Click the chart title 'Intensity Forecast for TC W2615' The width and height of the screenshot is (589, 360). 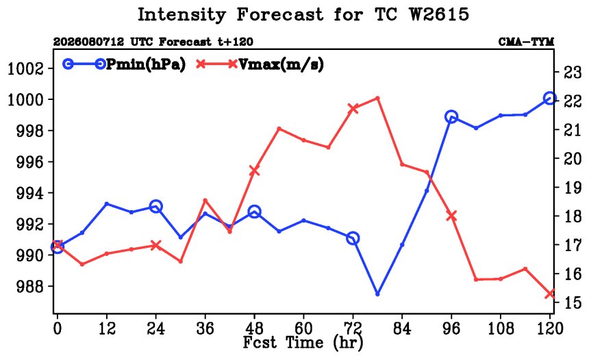click(x=303, y=15)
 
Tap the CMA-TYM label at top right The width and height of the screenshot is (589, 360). click(x=526, y=42)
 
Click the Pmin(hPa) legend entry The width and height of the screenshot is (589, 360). click(x=125, y=64)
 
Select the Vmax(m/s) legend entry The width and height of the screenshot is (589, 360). click(x=260, y=64)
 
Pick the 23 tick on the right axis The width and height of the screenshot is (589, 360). click(x=573, y=73)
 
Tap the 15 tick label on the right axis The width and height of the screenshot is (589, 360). click(x=573, y=303)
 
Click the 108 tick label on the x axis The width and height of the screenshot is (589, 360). click(x=501, y=329)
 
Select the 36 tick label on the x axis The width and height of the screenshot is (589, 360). click(x=205, y=329)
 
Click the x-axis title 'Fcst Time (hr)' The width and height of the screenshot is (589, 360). click(x=303, y=343)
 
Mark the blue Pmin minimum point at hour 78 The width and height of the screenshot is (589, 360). click(x=377, y=294)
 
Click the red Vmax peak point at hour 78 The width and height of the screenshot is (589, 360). click(x=377, y=99)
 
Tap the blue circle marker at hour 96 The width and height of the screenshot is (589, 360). click(x=451, y=117)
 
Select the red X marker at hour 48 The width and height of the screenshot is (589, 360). click(x=254, y=171)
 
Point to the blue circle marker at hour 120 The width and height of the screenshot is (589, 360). click(x=549, y=99)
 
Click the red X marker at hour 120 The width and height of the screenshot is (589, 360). click(x=550, y=294)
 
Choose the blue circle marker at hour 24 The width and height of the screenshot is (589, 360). click(x=156, y=206)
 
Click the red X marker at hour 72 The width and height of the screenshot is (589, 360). click(x=353, y=109)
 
